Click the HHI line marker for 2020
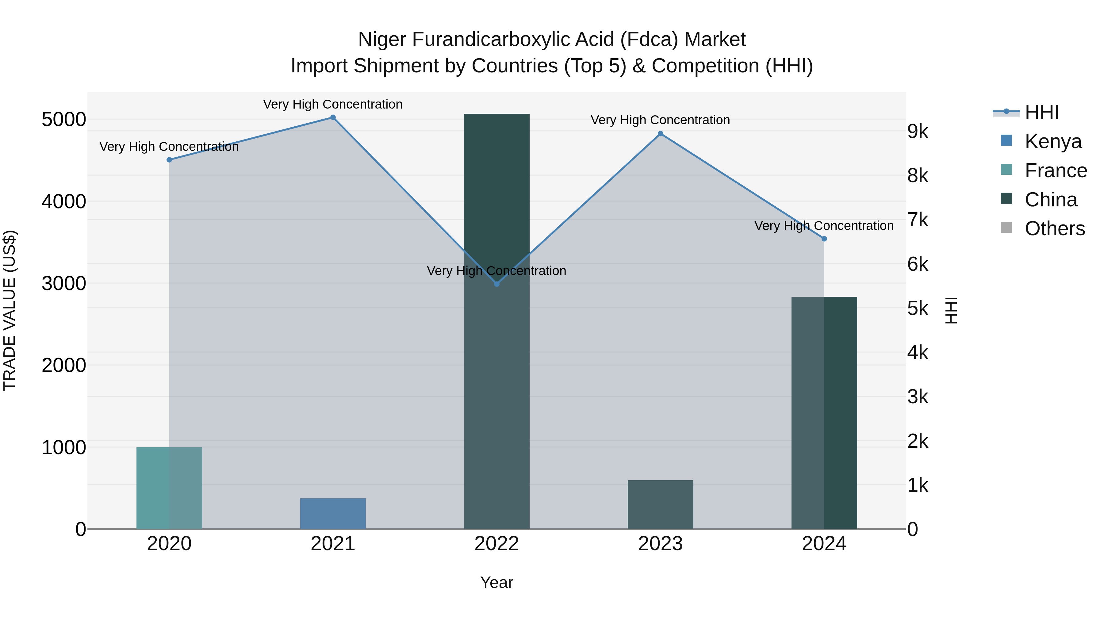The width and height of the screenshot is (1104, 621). point(169,160)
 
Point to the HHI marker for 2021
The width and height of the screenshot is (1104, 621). point(333,117)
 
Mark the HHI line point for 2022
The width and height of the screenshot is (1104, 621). point(497,284)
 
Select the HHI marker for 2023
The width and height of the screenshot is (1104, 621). point(661,134)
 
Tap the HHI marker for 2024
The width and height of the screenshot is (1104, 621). point(824,239)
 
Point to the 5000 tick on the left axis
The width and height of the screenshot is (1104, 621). point(63,119)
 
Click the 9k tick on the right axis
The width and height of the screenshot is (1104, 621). point(918,132)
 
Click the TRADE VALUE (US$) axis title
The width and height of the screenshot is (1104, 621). point(10,310)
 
